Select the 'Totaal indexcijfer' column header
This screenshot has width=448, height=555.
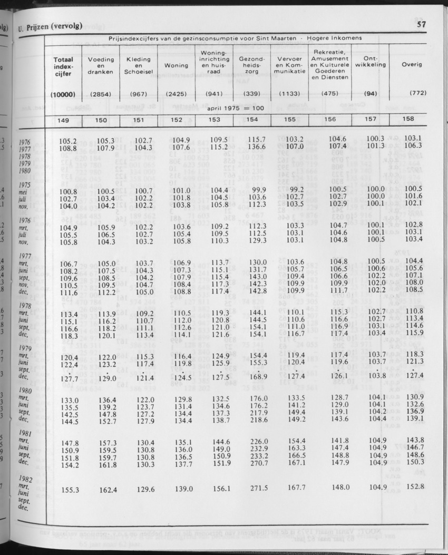pos(63,67)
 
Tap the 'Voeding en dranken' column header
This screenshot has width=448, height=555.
pos(100,65)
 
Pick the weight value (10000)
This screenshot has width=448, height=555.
pos(63,94)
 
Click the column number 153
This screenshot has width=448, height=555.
pos(214,120)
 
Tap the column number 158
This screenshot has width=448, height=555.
pos(408,119)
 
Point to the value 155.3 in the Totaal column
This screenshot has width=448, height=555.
pos(70,490)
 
